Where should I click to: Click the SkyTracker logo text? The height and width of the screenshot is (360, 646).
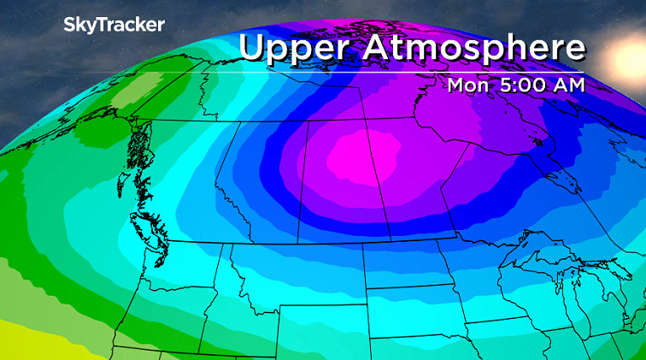pos(114,26)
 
